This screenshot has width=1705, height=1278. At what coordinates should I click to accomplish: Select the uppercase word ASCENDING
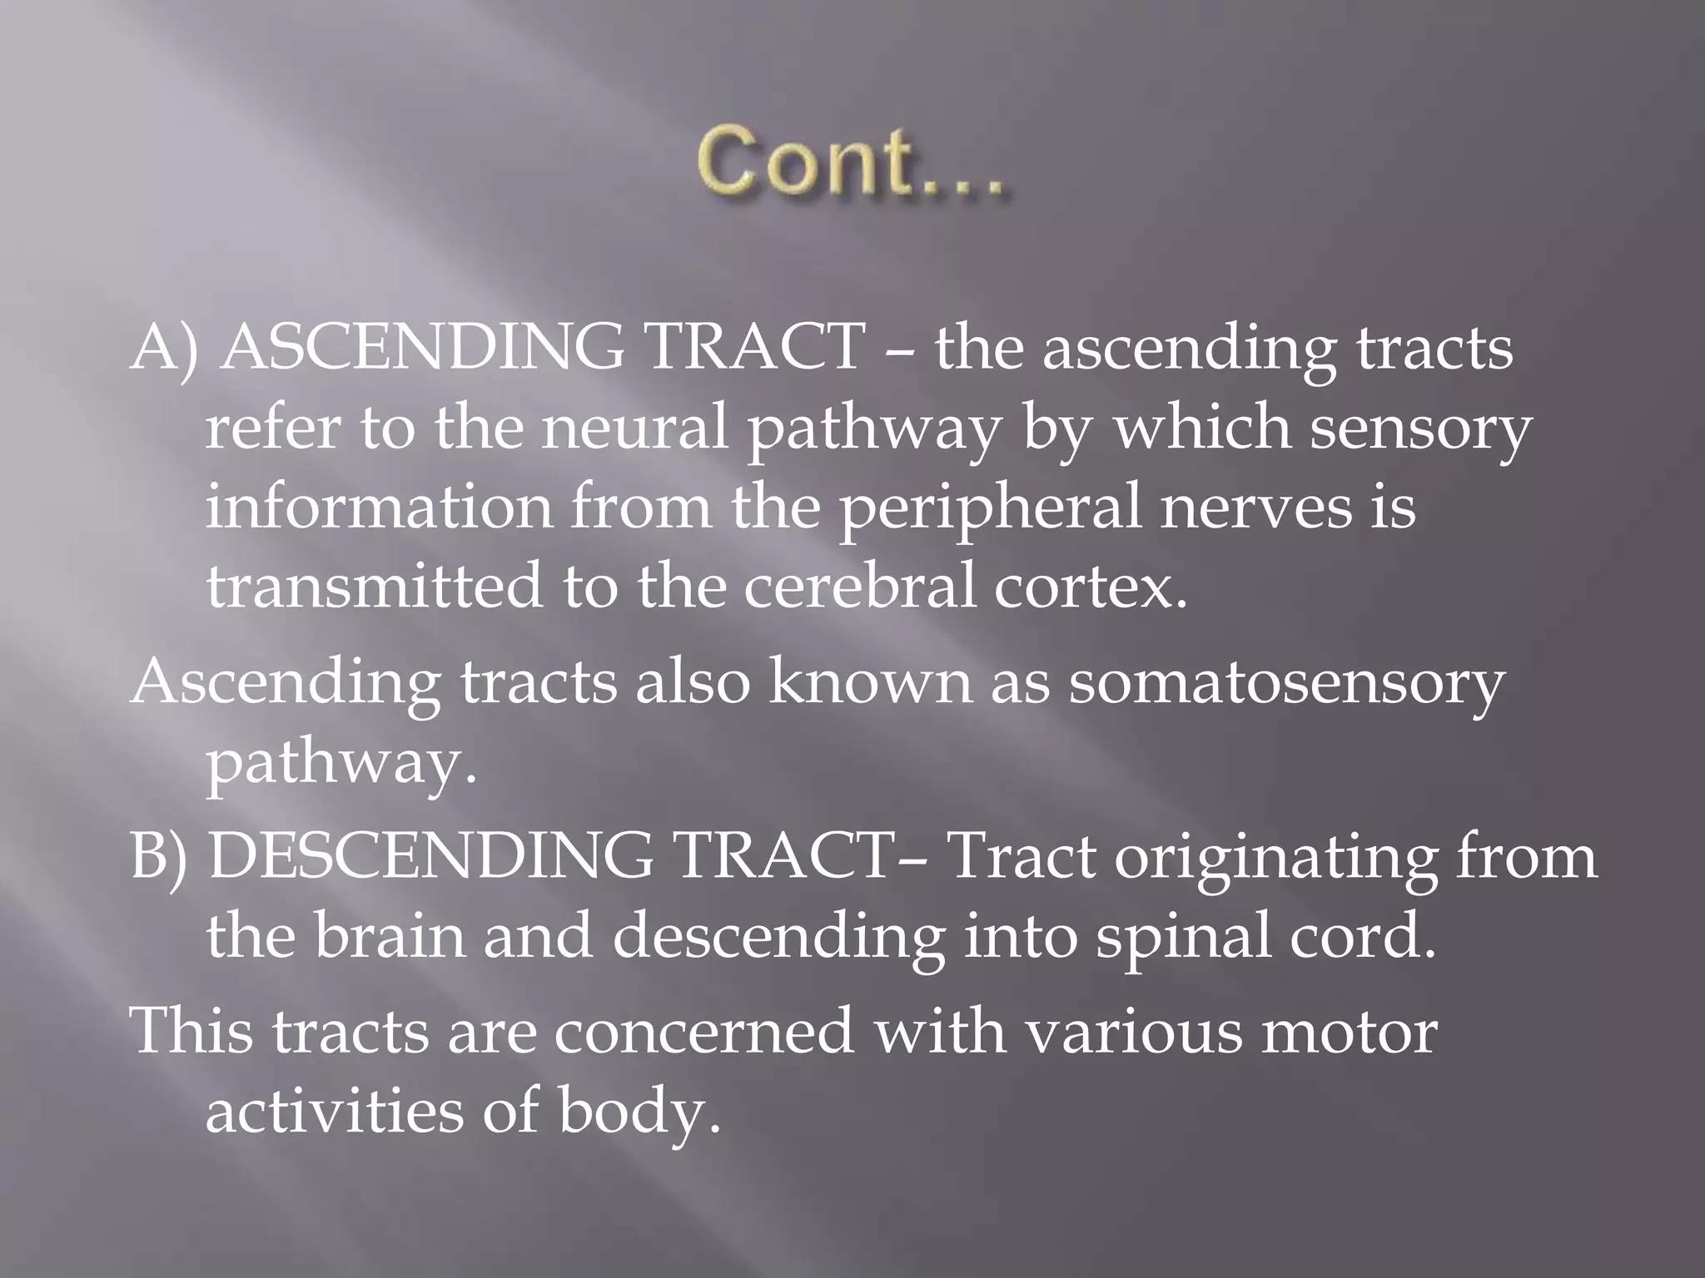pos(424,348)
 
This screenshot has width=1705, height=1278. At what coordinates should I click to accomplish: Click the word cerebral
pos(860,586)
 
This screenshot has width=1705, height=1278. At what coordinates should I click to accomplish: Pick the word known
pos(869,682)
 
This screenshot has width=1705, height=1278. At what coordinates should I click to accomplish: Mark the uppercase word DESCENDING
pos(431,857)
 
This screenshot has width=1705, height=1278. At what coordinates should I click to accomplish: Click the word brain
pos(390,935)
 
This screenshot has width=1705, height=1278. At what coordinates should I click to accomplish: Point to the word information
pos(380,508)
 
